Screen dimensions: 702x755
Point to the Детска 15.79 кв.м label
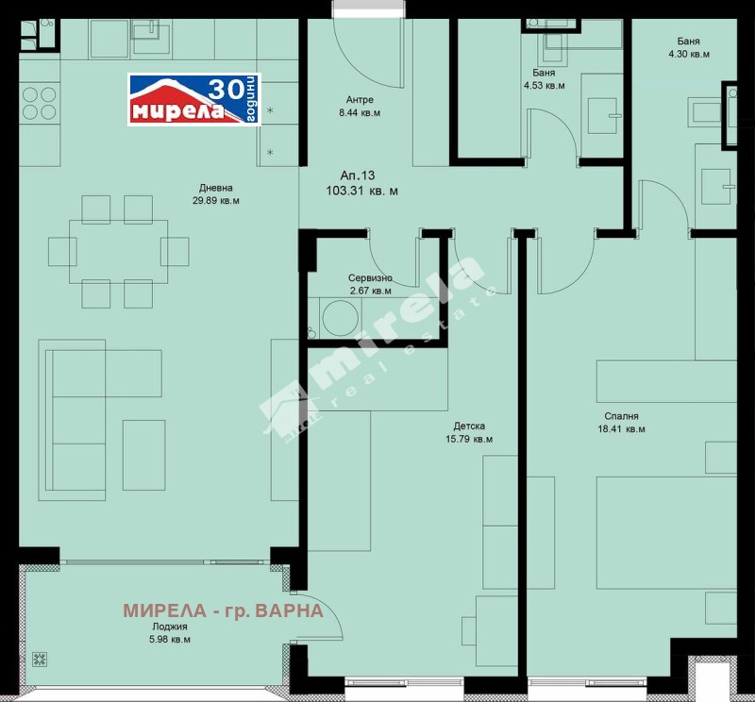click(468, 432)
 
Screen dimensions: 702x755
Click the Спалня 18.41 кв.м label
click(622, 422)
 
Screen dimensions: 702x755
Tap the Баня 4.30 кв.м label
click(687, 47)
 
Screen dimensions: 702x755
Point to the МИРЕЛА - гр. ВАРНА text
click(223, 610)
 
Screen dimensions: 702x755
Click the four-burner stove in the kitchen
click(38, 103)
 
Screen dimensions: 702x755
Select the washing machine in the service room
click(334, 315)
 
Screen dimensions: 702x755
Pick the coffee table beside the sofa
click(143, 456)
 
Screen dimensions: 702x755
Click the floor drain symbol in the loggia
click(42, 660)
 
